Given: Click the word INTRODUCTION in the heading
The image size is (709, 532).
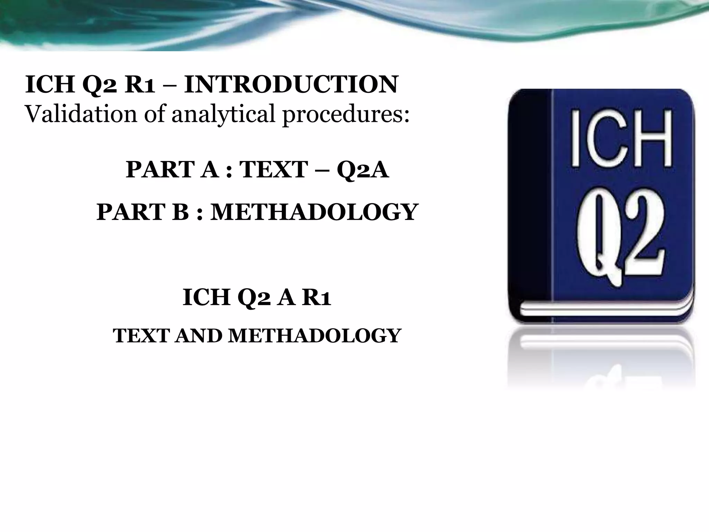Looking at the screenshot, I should tap(291, 85).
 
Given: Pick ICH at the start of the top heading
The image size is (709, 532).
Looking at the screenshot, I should tap(50, 85).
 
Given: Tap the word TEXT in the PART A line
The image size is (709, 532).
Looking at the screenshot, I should tap(273, 170).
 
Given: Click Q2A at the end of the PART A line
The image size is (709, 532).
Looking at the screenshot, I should tap(363, 170).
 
